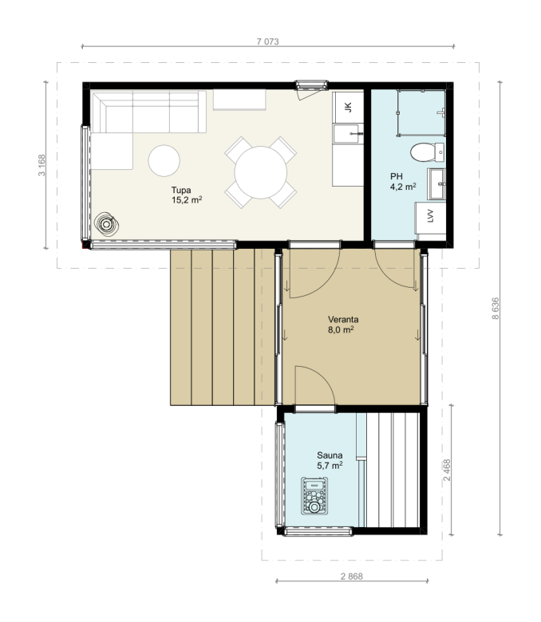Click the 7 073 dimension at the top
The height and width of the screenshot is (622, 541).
point(267,41)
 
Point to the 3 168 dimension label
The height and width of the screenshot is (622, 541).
point(41,165)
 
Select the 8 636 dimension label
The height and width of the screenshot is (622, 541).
point(496,309)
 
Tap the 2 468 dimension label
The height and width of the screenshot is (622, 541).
point(447,470)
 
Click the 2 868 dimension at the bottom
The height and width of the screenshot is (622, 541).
point(352,576)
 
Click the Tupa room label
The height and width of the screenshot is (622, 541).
point(181,190)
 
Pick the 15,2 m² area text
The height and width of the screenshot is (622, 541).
point(187,199)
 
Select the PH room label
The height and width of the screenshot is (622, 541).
point(396,176)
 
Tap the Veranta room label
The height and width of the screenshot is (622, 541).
point(343,319)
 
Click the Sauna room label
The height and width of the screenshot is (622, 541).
point(330,455)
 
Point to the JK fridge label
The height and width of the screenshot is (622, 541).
point(348,107)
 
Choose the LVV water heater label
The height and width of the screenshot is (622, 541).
point(431,216)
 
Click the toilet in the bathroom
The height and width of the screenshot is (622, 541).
point(427,152)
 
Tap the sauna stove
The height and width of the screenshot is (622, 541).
point(314,496)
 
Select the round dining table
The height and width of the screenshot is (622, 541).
point(261,172)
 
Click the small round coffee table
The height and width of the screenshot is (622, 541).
point(164,160)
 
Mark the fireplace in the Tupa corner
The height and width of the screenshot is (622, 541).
point(106,225)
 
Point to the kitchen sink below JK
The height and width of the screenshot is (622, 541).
point(348,134)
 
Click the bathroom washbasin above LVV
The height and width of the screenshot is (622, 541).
point(436,184)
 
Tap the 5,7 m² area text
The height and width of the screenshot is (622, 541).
point(330,466)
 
